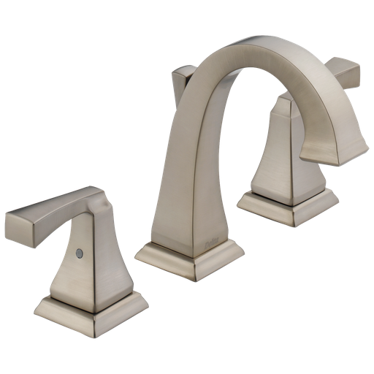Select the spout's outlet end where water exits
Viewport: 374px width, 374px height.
tap(333, 150)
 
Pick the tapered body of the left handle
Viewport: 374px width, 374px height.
tap(91, 263)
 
